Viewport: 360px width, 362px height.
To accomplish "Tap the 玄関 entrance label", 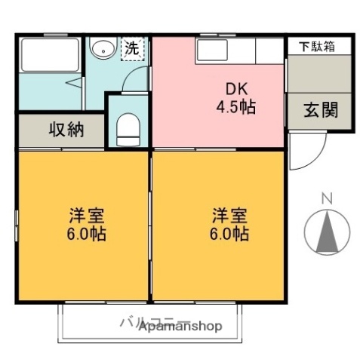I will pos(320,108).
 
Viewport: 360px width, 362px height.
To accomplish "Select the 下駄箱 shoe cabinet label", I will pos(315,45).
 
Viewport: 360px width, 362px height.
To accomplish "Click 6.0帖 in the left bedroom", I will pos(84,235).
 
